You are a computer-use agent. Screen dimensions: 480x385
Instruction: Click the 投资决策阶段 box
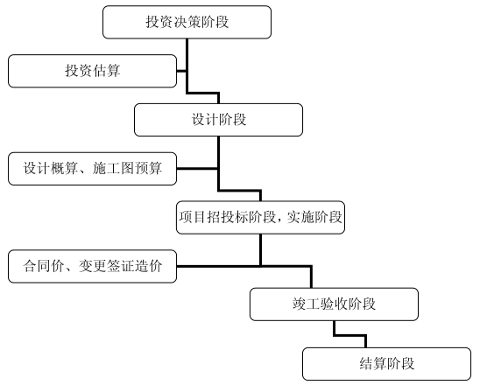pos(187,22)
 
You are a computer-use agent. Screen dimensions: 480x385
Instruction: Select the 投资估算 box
pos(92,71)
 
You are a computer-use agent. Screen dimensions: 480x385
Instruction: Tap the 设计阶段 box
pos(219,120)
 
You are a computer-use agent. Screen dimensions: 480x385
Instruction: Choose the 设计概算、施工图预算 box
pos(92,169)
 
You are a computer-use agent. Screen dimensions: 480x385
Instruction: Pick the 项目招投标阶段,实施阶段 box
pos(260,217)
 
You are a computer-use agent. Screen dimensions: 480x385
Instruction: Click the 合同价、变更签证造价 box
pos(92,266)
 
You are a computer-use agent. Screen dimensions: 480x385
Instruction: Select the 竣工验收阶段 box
pos(334,304)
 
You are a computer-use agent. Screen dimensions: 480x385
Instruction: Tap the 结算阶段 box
pos(386,364)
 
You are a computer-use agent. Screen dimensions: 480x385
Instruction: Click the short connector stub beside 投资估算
pos(181,71)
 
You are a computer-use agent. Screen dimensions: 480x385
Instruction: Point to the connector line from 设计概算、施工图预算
pos(197,169)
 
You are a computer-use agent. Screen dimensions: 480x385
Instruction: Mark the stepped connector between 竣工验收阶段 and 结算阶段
pos(349,336)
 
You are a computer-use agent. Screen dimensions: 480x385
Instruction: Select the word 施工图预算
pos(127,168)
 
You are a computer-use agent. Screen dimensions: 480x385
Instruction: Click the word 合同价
pos(44,266)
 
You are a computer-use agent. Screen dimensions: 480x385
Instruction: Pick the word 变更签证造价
pos(120,266)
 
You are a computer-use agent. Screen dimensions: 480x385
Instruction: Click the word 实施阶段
pos(314,217)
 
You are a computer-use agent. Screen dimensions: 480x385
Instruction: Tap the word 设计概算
pos(50,168)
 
